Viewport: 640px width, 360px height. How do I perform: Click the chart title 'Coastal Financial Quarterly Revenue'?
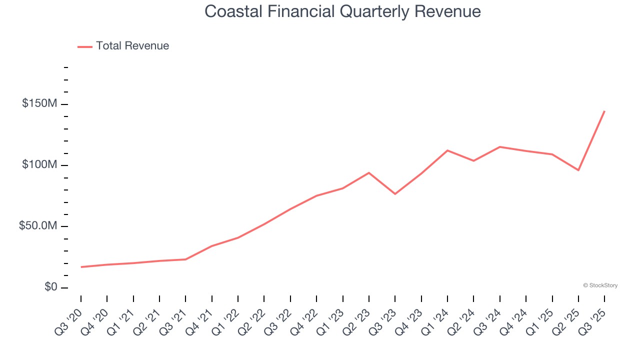[342, 11]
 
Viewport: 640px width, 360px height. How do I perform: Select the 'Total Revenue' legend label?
[132, 46]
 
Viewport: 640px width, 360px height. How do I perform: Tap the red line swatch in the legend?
[85, 46]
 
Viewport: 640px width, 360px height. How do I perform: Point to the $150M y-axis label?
[39, 103]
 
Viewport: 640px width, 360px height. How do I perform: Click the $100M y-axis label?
[39, 165]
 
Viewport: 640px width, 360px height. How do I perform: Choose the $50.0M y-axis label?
[38, 226]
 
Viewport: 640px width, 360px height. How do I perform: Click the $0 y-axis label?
[50, 287]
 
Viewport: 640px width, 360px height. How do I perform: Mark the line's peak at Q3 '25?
[604, 111]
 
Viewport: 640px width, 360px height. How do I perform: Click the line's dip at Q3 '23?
[395, 194]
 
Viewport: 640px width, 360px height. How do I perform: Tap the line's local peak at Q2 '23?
[369, 172]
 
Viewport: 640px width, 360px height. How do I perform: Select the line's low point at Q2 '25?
[578, 170]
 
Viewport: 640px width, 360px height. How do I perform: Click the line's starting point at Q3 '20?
[81, 267]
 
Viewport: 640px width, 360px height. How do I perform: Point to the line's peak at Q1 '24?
[447, 150]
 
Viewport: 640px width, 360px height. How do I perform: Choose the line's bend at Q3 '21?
[185, 259]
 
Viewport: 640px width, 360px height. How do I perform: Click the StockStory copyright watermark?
[600, 285]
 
